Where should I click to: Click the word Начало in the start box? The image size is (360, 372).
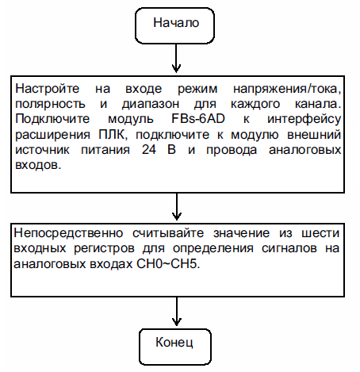(176, 23)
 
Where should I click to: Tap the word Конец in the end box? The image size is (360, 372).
(174, 343)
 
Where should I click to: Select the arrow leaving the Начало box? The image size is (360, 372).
(176, 58)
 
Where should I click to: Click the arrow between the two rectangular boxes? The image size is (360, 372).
(177, 207)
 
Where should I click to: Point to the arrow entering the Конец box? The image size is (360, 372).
(176, 312)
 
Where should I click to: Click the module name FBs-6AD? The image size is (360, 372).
(198, 119)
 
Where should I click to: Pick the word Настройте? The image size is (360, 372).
(47, 88)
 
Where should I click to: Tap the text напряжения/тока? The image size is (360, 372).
(287, 90)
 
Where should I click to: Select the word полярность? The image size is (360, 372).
(50, 105)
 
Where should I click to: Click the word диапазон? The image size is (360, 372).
(151, 105)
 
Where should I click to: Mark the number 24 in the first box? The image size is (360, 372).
(149, 150)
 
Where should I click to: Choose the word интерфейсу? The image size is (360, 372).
(304, 120)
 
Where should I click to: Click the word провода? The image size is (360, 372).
(232, 151)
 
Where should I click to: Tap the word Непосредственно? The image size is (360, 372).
(68, 233)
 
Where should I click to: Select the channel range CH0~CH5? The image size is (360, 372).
(168, 264)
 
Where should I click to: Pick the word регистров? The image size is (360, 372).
(104, 249)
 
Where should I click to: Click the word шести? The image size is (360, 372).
(320, 233)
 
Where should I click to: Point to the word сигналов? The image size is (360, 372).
(289, 248)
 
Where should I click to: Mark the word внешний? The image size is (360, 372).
(314, 135)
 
